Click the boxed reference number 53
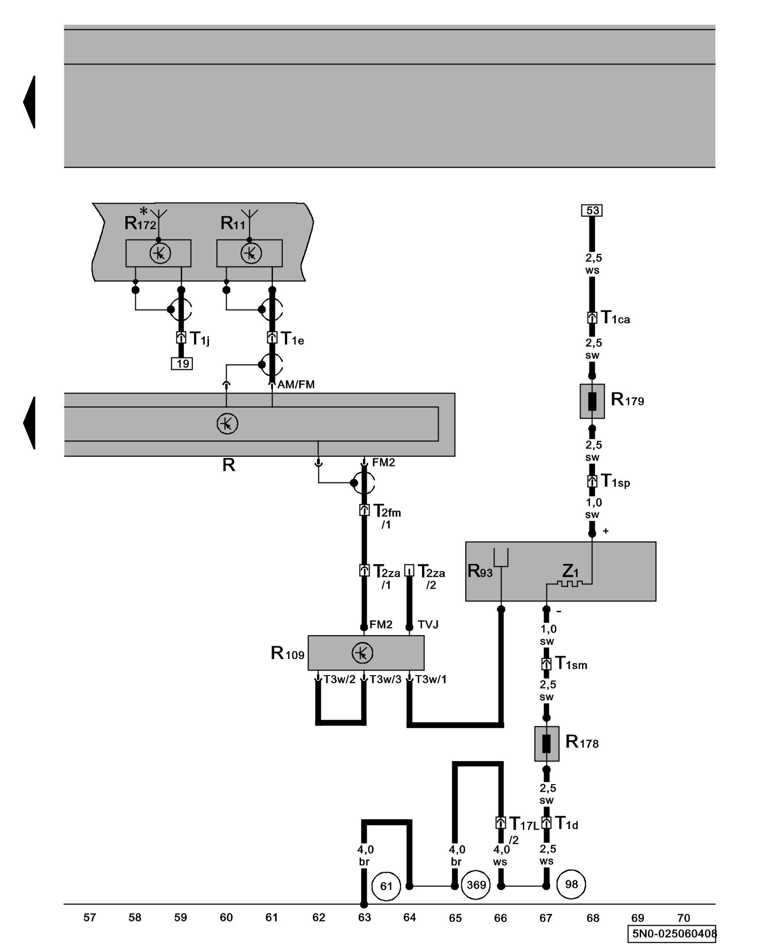[x=591, y=210]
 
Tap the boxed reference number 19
[x=182, y=364]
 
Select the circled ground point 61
[x=386, y=886]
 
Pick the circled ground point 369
[x=476, y=885]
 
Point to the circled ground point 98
[x=571, y=884]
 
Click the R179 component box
[x=592, y=401]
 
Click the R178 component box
[x=546, y=744]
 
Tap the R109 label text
[x=287, y=653]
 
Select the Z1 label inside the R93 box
[x=570, y=571]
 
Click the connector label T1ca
[x=615, y=318]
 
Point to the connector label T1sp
[x=615, y=481]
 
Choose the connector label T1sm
[x=571, y=663]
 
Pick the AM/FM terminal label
[x=296, y=384]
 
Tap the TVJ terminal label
[x=428, y=625]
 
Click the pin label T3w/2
[x=339, y=679]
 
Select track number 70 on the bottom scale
[x=683, y=918]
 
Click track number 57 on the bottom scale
[x=89, y=918]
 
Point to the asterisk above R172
[x=143, y=211]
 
